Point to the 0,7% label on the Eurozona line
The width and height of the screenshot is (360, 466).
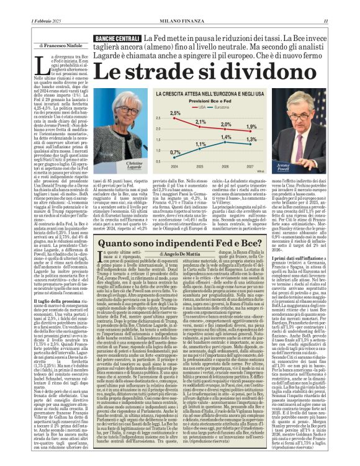pos(157,152)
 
